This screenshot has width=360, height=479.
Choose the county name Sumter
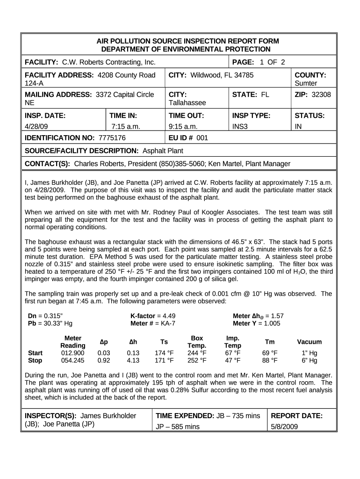coord(306,83)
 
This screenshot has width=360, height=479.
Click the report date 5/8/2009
coord(285,427)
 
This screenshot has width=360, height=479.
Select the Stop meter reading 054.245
coord(73,361)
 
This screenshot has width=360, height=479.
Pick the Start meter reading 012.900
coord(73,353)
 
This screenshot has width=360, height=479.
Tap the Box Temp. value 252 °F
coord(197,361)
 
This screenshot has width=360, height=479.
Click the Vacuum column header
coord(309,342)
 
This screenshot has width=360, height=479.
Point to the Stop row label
coord(35,361)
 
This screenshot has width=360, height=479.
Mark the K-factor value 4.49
coord(166,316)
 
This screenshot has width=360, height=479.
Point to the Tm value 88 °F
coord(270,361)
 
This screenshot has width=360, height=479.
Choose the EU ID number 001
coord(202,138)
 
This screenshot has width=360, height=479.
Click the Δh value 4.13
coord(134,361)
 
